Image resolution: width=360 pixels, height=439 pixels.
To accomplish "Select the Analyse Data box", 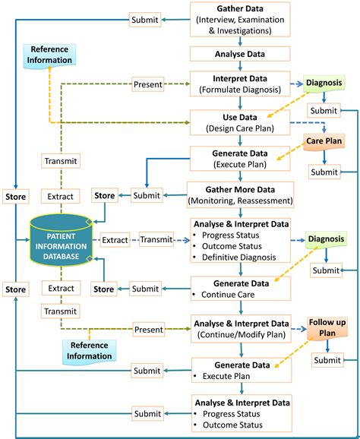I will (x=241, y=54).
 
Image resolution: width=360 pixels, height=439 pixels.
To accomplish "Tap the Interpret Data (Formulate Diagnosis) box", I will (x=241, y=84).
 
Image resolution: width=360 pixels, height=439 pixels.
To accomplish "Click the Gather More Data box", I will (x=241, y=193).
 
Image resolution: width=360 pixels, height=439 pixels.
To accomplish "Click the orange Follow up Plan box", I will (x=327, y=328).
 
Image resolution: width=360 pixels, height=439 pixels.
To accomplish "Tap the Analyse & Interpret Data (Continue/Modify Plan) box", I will (x=241, y=328).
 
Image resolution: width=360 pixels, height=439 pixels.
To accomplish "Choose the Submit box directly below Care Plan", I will (x=325, y=172).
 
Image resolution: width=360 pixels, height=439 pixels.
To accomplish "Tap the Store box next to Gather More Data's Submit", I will (x=103, y=196).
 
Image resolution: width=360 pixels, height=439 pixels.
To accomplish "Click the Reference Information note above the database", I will (x=49, y=55).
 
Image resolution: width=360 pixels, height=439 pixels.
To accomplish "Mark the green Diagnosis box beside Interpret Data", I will (x=325, y=84).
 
